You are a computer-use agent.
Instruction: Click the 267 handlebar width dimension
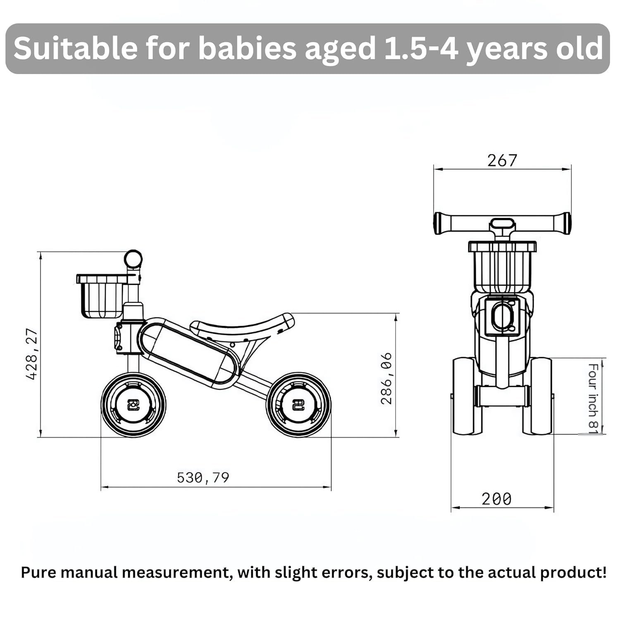502,160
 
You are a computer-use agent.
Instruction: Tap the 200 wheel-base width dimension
496,499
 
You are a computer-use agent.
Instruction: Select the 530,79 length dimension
203,478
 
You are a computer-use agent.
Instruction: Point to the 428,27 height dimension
32,354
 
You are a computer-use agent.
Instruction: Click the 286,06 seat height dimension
386,379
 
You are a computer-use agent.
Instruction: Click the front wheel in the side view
134,404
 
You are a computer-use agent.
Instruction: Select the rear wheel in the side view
298,404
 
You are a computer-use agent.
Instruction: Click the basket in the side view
102,296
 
